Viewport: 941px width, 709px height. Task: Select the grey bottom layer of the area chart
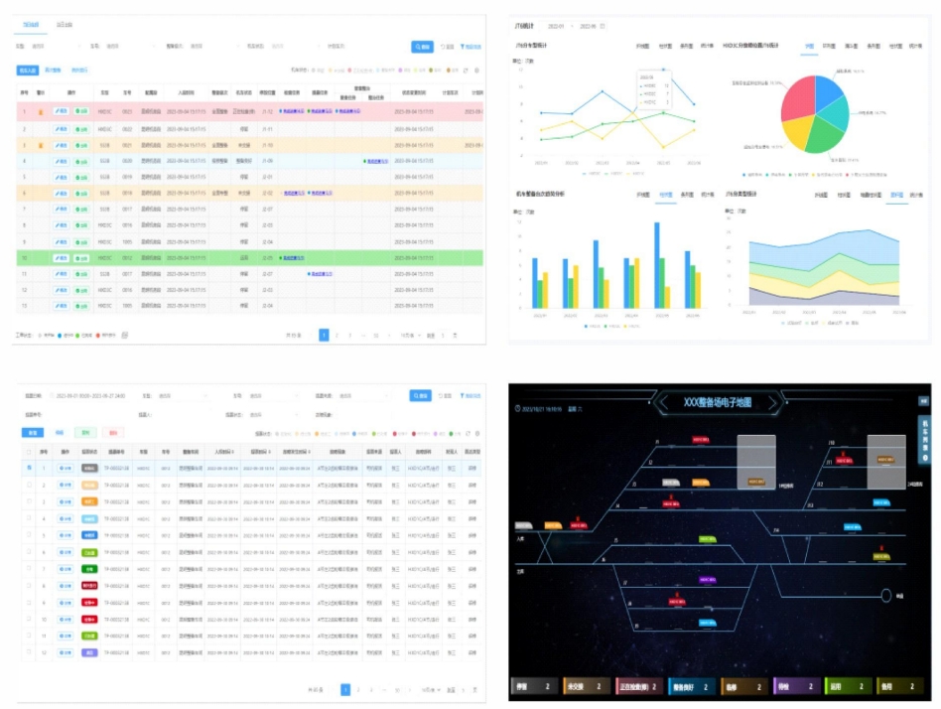click(x=814, y=298)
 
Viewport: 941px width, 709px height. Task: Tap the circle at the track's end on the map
click(x=885, y=596)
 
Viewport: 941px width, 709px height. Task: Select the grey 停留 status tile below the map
click(x=536, y=686)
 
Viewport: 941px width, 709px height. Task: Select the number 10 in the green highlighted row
click(x=25, y=256)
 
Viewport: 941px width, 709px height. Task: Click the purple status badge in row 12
click(x=88, y=652)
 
